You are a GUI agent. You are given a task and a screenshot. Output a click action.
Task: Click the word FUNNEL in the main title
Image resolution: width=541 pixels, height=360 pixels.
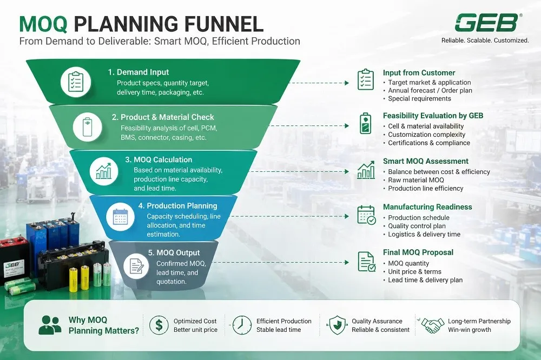223,24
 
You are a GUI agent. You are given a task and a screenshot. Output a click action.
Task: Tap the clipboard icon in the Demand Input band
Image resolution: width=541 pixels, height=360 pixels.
76,82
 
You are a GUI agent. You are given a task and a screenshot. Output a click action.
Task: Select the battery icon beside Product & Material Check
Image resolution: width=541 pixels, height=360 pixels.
87,126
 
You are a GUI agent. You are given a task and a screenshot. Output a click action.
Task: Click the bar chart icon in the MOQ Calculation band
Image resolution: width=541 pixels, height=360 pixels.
103,171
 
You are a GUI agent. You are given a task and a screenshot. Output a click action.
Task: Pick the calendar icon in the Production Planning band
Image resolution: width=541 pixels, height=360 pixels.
120,217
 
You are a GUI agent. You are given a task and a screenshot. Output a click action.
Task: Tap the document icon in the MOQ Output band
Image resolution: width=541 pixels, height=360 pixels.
136,266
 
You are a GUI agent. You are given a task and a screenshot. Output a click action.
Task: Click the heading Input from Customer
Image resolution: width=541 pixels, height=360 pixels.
419,73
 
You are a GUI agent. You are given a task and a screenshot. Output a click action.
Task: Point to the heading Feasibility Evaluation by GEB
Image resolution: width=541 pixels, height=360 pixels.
433,116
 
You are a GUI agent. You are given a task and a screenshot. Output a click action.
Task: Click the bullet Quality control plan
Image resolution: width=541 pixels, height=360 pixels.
417,226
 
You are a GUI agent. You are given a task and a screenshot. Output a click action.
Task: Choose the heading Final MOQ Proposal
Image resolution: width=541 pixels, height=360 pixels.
418,252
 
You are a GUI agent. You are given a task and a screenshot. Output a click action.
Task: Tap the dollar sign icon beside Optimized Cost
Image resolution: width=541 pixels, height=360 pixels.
159,325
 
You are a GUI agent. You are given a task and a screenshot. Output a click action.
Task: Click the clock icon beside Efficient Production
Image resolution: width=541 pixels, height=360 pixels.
242,325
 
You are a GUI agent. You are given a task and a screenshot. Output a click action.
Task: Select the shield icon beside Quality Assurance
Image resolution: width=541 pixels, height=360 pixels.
337,325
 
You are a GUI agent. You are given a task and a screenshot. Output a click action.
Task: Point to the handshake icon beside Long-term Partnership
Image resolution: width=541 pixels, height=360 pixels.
433,325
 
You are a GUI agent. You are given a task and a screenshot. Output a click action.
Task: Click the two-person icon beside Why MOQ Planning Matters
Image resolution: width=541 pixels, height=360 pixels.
50,325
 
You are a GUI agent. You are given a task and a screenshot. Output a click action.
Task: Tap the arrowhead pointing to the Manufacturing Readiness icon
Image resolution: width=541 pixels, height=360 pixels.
347,216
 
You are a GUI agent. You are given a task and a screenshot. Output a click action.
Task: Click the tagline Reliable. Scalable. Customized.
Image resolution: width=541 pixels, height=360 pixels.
485,41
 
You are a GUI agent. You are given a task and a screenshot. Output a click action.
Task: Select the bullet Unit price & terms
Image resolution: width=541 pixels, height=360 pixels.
414,272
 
